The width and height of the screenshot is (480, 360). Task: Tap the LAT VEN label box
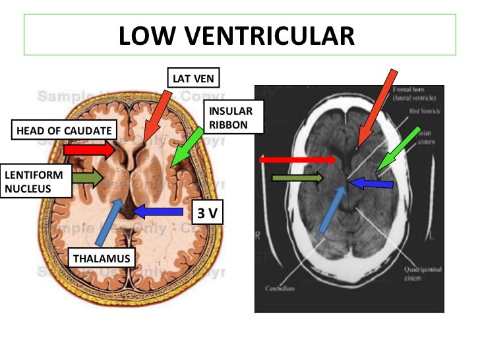click(193, 78)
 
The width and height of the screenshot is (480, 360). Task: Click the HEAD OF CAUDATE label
click(64, 131)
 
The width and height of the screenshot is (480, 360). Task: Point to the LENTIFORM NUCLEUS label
click(34, 182)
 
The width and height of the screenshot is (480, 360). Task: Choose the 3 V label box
click(208, 214)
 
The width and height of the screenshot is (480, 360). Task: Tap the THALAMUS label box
click(102, 258)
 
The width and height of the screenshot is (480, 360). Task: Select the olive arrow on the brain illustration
click(87, 177)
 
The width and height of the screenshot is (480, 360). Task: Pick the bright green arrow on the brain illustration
click(187, 146)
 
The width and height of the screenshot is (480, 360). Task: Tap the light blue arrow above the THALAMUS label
click(108, 221)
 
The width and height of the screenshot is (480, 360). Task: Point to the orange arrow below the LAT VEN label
click(156, 115)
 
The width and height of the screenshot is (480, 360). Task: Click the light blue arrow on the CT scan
click(332, 210)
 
